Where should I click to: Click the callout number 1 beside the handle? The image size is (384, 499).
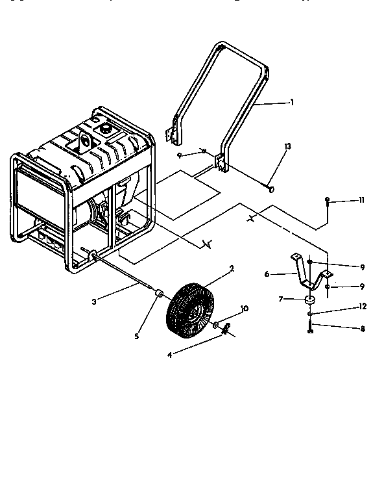tap(292, 102)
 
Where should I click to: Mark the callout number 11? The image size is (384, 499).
tap(362, 201)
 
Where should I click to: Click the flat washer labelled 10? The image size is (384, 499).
tap(216, 324)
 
